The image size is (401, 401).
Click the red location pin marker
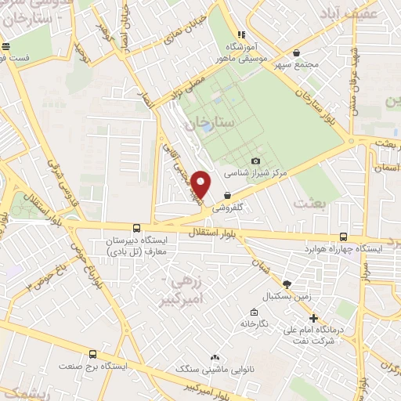[x=201, y=183]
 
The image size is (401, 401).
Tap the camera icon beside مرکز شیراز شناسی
[x=255, y=161]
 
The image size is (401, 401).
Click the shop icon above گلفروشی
[x=227, y=195]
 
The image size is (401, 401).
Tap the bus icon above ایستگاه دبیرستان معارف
[x=137, y=228]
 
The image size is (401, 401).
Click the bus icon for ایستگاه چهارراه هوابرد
[x=344, y=237]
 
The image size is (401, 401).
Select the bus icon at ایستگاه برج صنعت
[x=93, y=354]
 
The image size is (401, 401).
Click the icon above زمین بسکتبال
[x=287, y=284]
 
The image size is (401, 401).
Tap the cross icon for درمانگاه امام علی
[x=313, y=318]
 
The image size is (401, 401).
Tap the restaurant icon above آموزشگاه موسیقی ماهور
[x=242, y=34]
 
